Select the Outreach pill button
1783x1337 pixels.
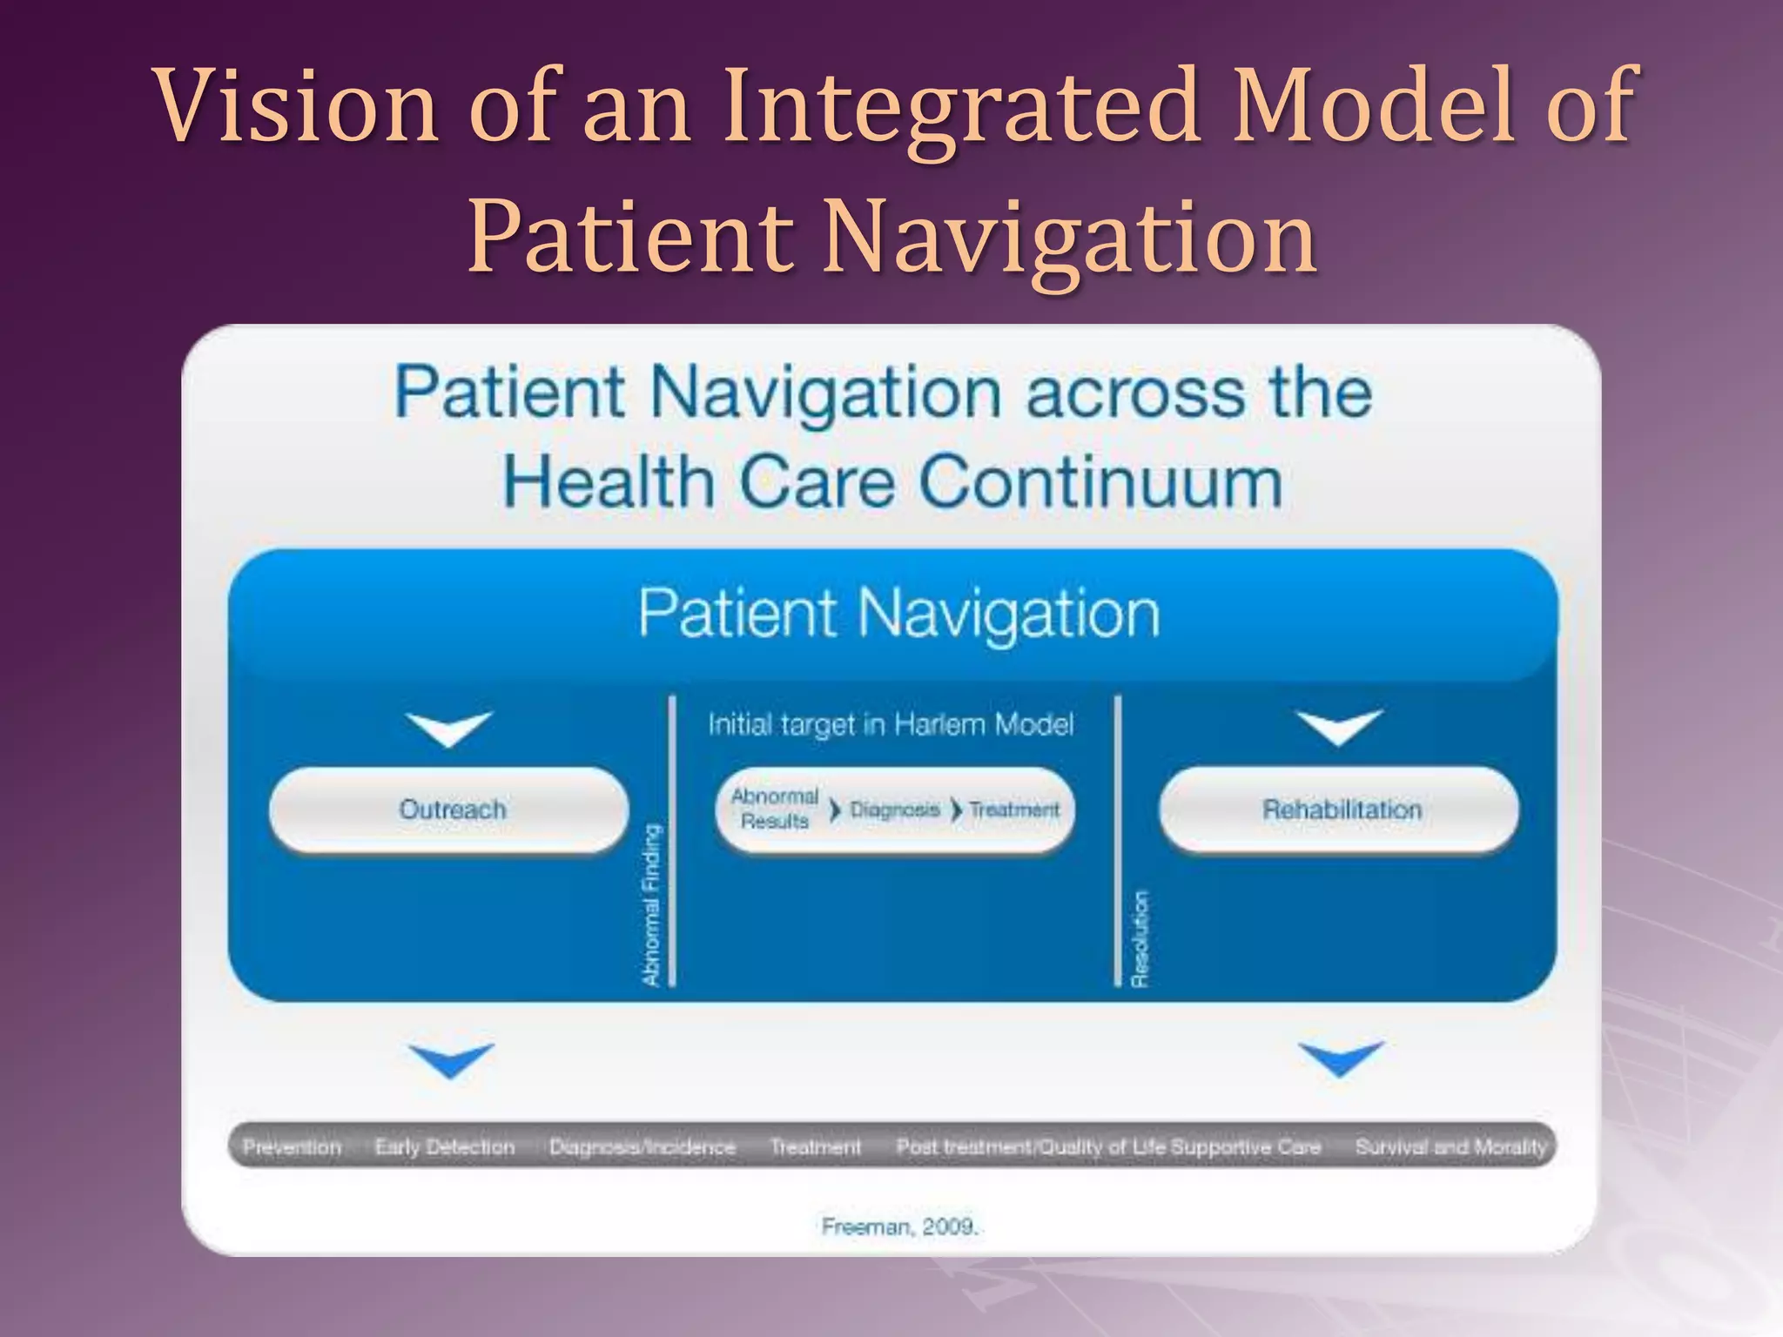pos(450,810)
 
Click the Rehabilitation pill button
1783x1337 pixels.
pos(1341,810)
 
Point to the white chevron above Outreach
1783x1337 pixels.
pos(449,728)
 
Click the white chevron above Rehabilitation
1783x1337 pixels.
pos(1339,726)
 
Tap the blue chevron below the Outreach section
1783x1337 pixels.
pos(450,1058)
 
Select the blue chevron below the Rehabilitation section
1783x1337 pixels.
pos(1340,1057)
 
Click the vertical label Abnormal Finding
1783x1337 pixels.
pos(651,905)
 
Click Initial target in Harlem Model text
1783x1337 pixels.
pos(891,724)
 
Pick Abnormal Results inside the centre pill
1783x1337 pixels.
pos(775,809)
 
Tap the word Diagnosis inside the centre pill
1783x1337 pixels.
pos(894,810)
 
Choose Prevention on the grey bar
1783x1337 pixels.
pos(292,1147)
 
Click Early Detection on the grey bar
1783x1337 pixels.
pos(444,1147)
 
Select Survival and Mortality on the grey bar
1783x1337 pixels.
pos(1450,1147)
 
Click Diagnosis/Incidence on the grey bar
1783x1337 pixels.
pos(642,1147)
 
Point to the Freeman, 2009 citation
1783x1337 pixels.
pos(900,1226)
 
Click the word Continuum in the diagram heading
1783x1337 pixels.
pos(1100,482)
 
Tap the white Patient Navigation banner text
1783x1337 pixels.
pos(898,614)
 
